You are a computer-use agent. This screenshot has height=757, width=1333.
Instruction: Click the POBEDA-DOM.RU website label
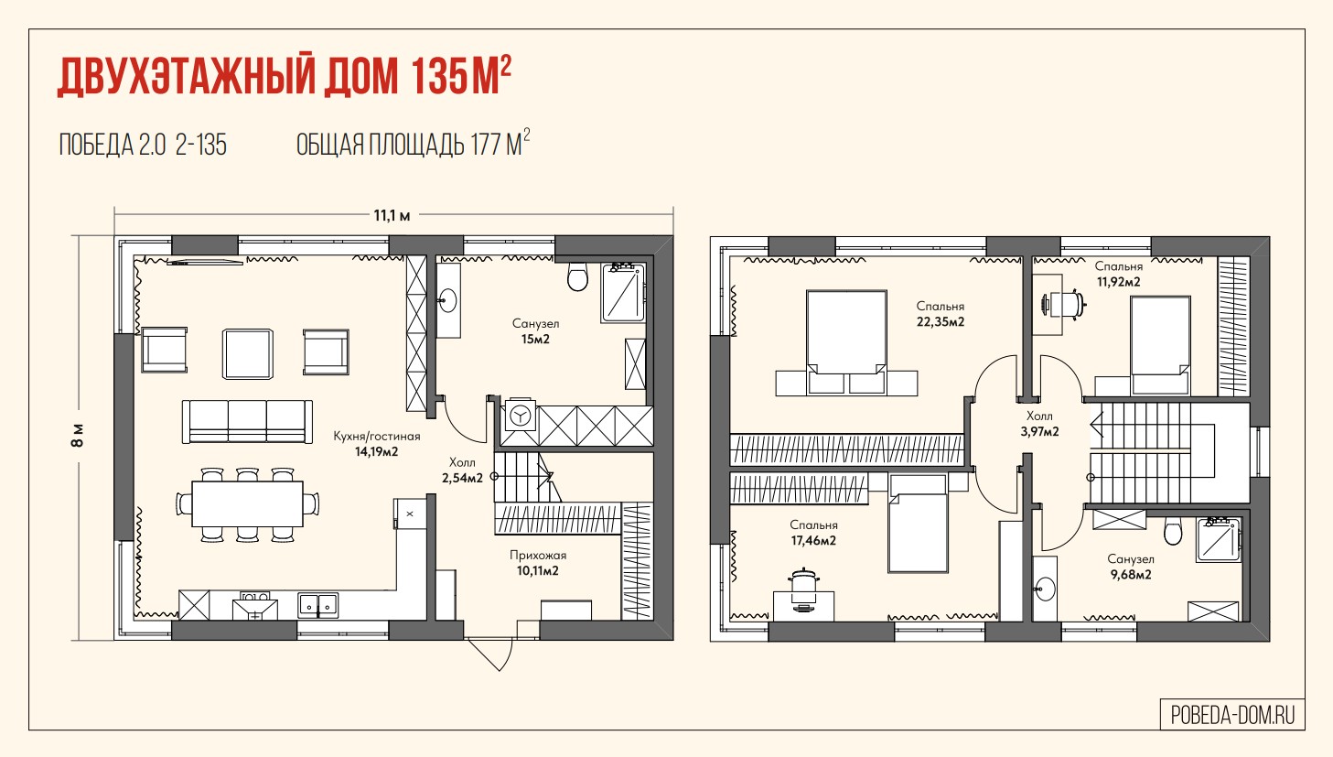point(1232,715)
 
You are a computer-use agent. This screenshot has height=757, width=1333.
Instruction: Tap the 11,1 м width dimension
point(392,215)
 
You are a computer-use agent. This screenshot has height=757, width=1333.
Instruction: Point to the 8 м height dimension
point(79,436)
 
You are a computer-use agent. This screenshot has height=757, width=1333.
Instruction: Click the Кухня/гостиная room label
point(377,436)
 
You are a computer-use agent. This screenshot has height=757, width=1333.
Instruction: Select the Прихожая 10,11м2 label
point(538,563)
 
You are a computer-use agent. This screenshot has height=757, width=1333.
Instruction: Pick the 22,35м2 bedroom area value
point(941,322)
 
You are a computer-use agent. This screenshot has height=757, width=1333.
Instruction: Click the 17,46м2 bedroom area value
point(813,541)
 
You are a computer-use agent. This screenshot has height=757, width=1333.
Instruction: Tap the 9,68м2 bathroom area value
point(1131,575)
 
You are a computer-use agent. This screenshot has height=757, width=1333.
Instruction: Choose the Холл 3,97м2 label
point(1039,424)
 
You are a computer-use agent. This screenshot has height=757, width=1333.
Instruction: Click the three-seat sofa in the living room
point(247,421)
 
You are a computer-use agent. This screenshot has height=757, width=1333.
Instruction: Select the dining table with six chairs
point(247,504)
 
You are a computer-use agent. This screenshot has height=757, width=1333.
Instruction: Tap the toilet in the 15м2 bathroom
point(577,276)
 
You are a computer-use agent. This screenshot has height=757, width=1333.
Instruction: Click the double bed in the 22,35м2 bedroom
point(846,342)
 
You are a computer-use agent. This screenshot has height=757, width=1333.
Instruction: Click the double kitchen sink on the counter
point(317,604)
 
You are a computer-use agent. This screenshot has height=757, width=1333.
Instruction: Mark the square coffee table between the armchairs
point(248,353)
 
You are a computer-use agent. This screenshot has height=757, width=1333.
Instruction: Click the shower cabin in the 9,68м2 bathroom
point(1219,540)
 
